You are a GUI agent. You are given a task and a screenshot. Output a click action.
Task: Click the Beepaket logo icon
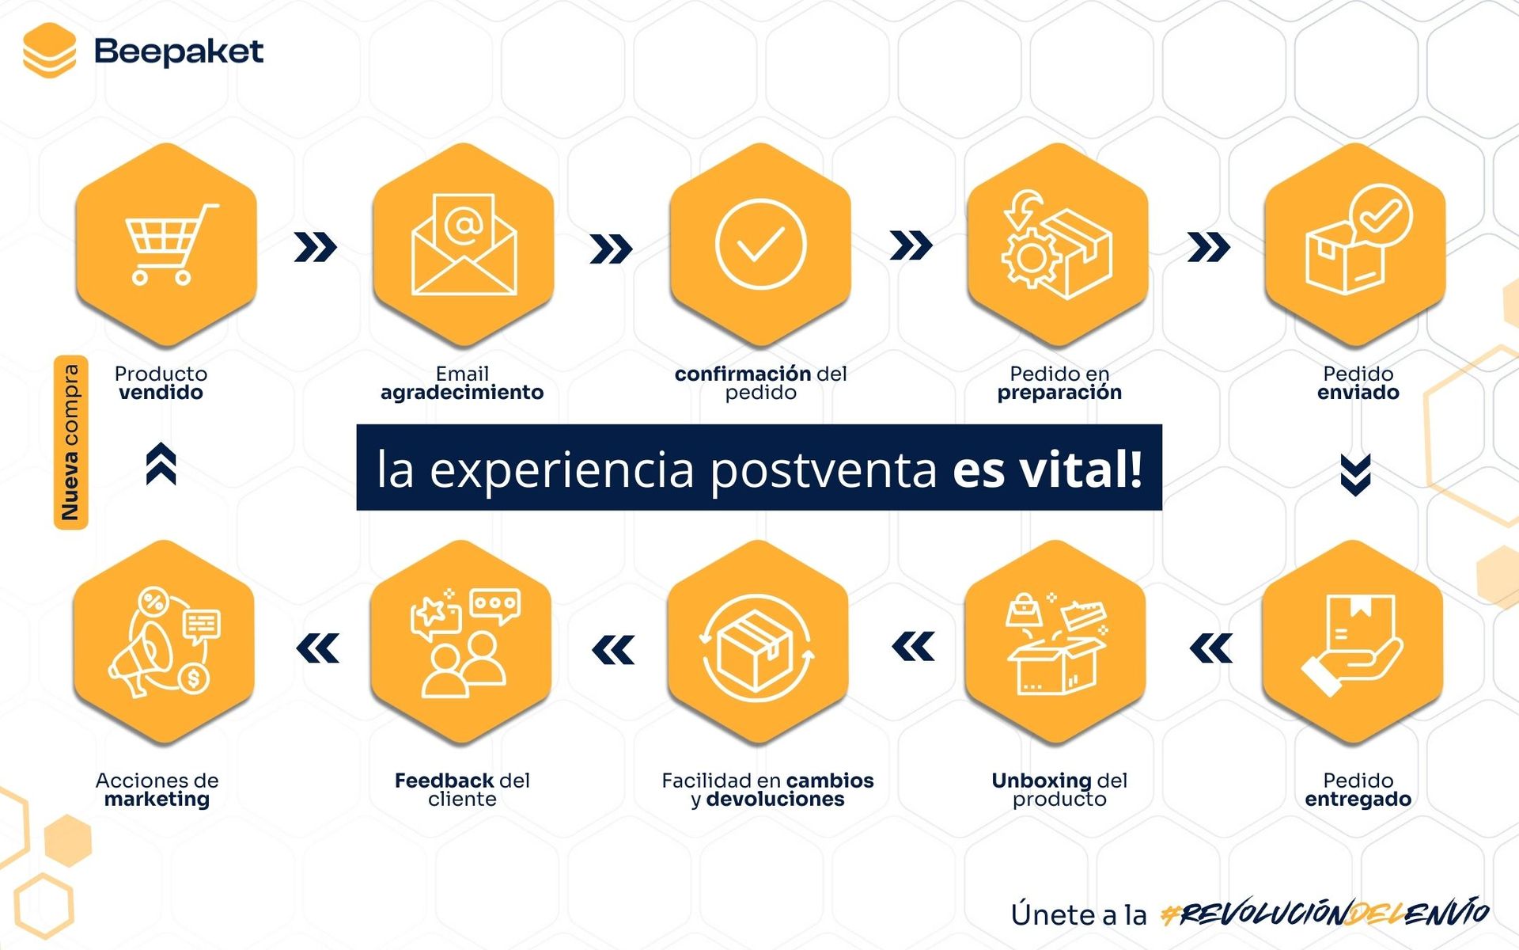tap(49, 51)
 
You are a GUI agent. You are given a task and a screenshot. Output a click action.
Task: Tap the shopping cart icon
tap(171, 244)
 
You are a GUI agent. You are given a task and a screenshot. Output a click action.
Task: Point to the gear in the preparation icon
tap(1031, 257)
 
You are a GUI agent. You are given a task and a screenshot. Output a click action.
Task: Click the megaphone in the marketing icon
tap(141, 659)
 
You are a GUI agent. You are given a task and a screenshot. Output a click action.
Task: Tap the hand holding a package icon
tap(1352, 644)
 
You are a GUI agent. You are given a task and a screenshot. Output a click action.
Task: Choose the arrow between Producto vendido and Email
tap(315, 247)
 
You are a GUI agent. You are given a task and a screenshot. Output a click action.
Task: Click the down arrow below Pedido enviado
tap(1356, 475)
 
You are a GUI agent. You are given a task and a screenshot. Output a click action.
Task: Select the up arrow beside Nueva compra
tap(161, 464)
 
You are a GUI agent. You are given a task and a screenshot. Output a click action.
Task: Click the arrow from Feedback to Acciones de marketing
tap(317, 648)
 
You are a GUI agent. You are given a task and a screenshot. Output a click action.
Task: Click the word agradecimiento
tap(462, 393)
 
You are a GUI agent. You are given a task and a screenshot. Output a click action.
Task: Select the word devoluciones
tap(775, 799)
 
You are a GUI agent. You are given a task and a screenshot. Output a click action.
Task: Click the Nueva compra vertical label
tap(70, 442)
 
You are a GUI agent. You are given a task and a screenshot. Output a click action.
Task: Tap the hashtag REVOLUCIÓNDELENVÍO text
tap(1325, 914)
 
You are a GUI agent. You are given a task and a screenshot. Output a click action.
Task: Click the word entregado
tap(1358, 800)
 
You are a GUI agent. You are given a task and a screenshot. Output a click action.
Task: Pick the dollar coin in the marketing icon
tap(194, 678)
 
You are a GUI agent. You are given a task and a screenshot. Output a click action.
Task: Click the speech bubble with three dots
tap(495, 606)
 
